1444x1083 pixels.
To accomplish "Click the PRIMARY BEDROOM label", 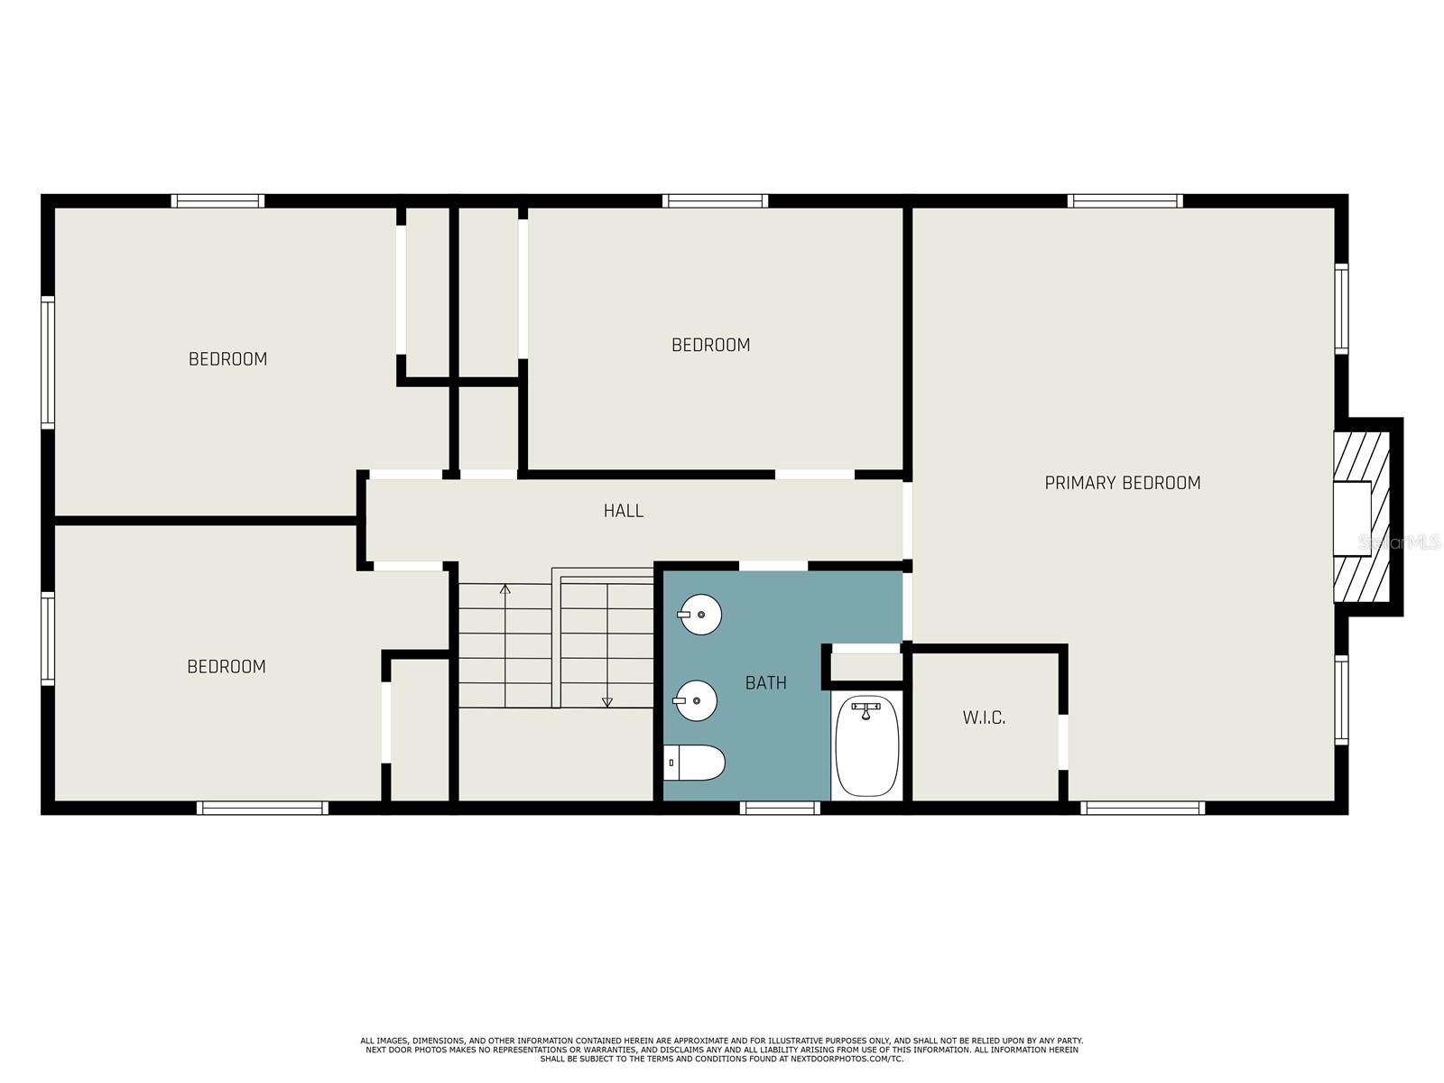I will pyautogui.click(x=1122, y=483).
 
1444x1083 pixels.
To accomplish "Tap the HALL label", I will pyautogui.click(x=623, y=511).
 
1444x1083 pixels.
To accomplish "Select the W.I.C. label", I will pyautogui.click(x=984, y=717).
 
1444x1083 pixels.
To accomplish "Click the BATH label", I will pyautogui.click(x=765, y=683).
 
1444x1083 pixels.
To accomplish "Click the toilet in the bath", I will pyautogui.click(x=694, y=763).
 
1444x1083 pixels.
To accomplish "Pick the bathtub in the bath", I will pyautogui.click(x=866, y=745).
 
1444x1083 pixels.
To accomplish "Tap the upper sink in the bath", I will pyautogui.click(x=700, y=616).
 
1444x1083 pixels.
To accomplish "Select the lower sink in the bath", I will pyautogui.click(x=696, y=700).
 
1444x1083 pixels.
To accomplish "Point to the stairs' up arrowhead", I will pyautogui.click(x=505, y=589).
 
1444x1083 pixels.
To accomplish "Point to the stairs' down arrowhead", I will pyautogui.click(x=607, y=702).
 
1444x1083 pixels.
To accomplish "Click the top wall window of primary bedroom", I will pyautogui.click(x=1125, y=200).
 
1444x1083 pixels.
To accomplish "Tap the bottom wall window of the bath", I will pyautogui.click(x=780, y=808).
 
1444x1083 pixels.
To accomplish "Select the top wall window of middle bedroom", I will pyautogui.click(x=715, y=200).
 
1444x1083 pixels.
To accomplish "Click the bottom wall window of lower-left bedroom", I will pyautogui.click(x=262, y=808).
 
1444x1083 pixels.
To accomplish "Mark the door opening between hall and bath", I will pyautogui.click(x=773, y=566).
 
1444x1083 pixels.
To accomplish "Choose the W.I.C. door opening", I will pyautogui.click(x=1063, y=742).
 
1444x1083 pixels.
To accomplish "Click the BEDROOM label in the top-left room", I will pyautogui.click(x=227, y=359).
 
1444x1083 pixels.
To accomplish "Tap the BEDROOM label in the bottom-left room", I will pyautogui.click(x=227, y=667).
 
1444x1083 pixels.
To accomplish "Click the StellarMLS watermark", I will pyautogui.click(x=1399, y=542).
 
